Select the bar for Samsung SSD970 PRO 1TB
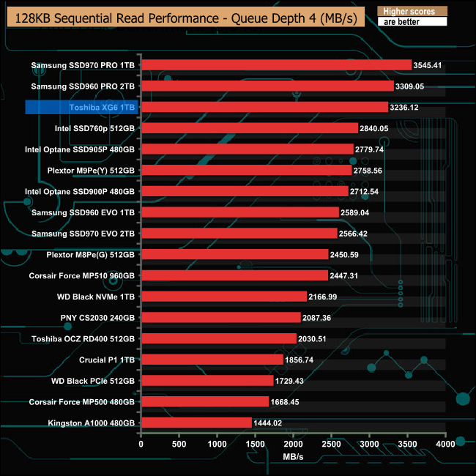(x=276, y=65)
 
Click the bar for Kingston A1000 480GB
(x=196, y=423)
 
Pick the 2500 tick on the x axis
(x=331, y=445)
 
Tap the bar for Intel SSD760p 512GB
(x=249, y=128)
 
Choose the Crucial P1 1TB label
(x=107, y=360)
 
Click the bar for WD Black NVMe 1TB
(x=223, y=297)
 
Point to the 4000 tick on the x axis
(x=445, y=445)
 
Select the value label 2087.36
(x=318, y=318)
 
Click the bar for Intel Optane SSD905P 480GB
(x=247, y=149)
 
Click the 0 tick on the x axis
(x=141, y=445)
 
